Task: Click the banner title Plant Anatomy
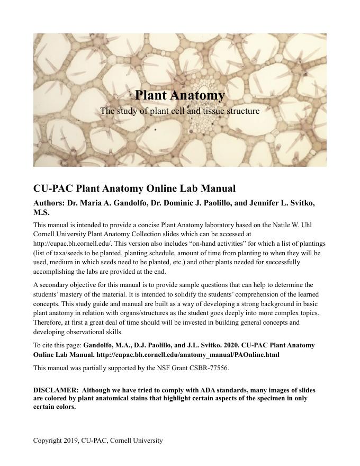click(179, 95)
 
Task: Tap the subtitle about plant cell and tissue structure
click(179, 111)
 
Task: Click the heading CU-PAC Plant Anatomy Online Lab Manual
click(134, 189)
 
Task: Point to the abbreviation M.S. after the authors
click(41, 213)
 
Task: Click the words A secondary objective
click(58, 285)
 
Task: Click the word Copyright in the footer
click(46, 441)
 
